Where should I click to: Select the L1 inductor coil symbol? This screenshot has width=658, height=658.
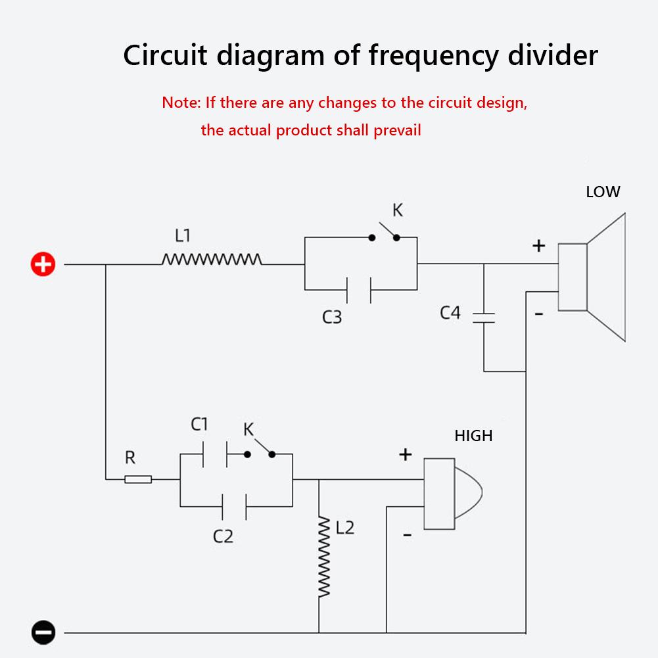[x=212, y=260]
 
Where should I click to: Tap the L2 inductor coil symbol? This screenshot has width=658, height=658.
[x=323, y=557]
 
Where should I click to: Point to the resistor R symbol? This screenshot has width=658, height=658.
[x=138, y=479]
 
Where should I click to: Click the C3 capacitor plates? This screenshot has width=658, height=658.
[x=359, y=290]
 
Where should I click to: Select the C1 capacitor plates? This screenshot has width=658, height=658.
[x=214, y=454]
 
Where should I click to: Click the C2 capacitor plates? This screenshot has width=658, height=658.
[x=235, y=506]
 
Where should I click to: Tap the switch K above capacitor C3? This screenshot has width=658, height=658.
[x=385, y=235]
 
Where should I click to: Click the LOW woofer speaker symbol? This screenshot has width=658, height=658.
[x=592, y=277]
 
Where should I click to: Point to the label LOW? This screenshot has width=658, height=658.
[x=603, y=192]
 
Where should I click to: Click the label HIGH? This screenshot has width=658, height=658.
[x=473, y=435]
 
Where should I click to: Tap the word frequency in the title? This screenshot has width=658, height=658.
[x=429, y=57]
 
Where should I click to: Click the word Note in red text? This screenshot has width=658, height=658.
[x=181, y=103]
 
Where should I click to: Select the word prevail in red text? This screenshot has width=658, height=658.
[x=397, y=130]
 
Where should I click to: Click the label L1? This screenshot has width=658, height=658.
[x=183, y=235]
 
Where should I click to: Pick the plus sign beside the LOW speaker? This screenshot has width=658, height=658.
[x=539, y=246]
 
